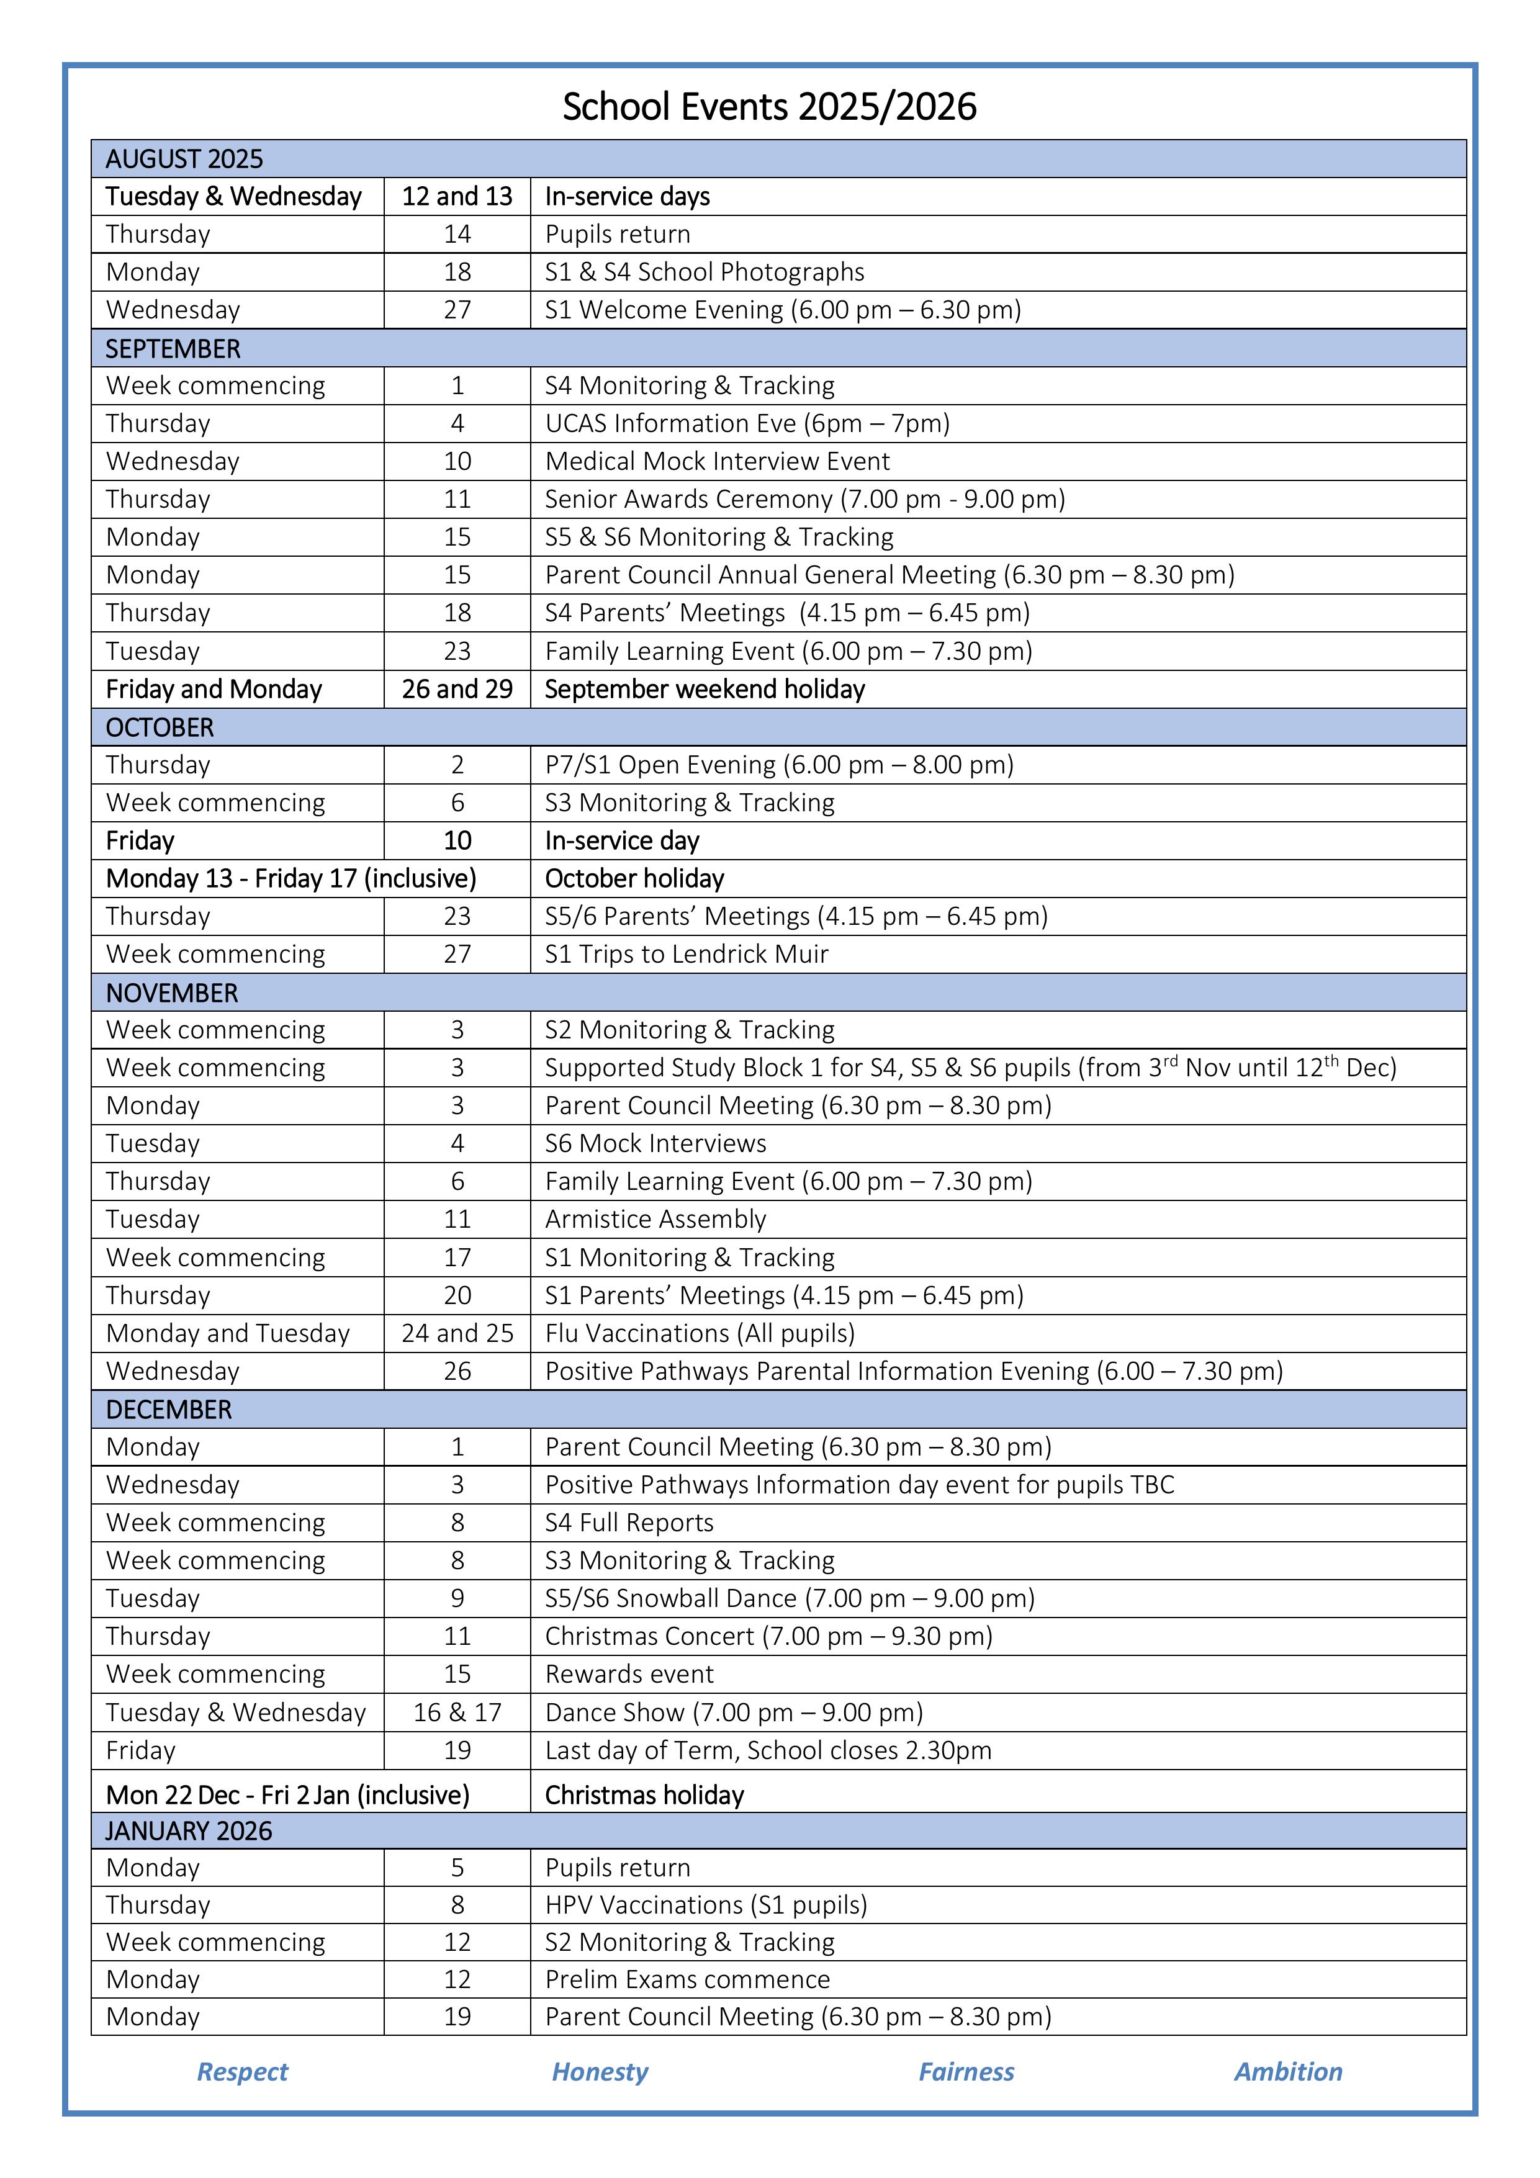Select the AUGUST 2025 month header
[184, 158]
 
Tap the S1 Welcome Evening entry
[782, 310]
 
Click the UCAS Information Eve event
[747, 423]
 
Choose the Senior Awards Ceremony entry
[804, 499]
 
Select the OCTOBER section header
[160, 727]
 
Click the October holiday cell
[634, 878]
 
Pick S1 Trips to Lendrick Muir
[686, 954]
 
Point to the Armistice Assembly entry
[655, 1219]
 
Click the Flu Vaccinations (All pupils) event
[700, 1333]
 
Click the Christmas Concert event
[768, 1636]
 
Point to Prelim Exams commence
[687, 1980]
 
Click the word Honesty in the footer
[600, 2072]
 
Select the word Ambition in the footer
[1287, 2072]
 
